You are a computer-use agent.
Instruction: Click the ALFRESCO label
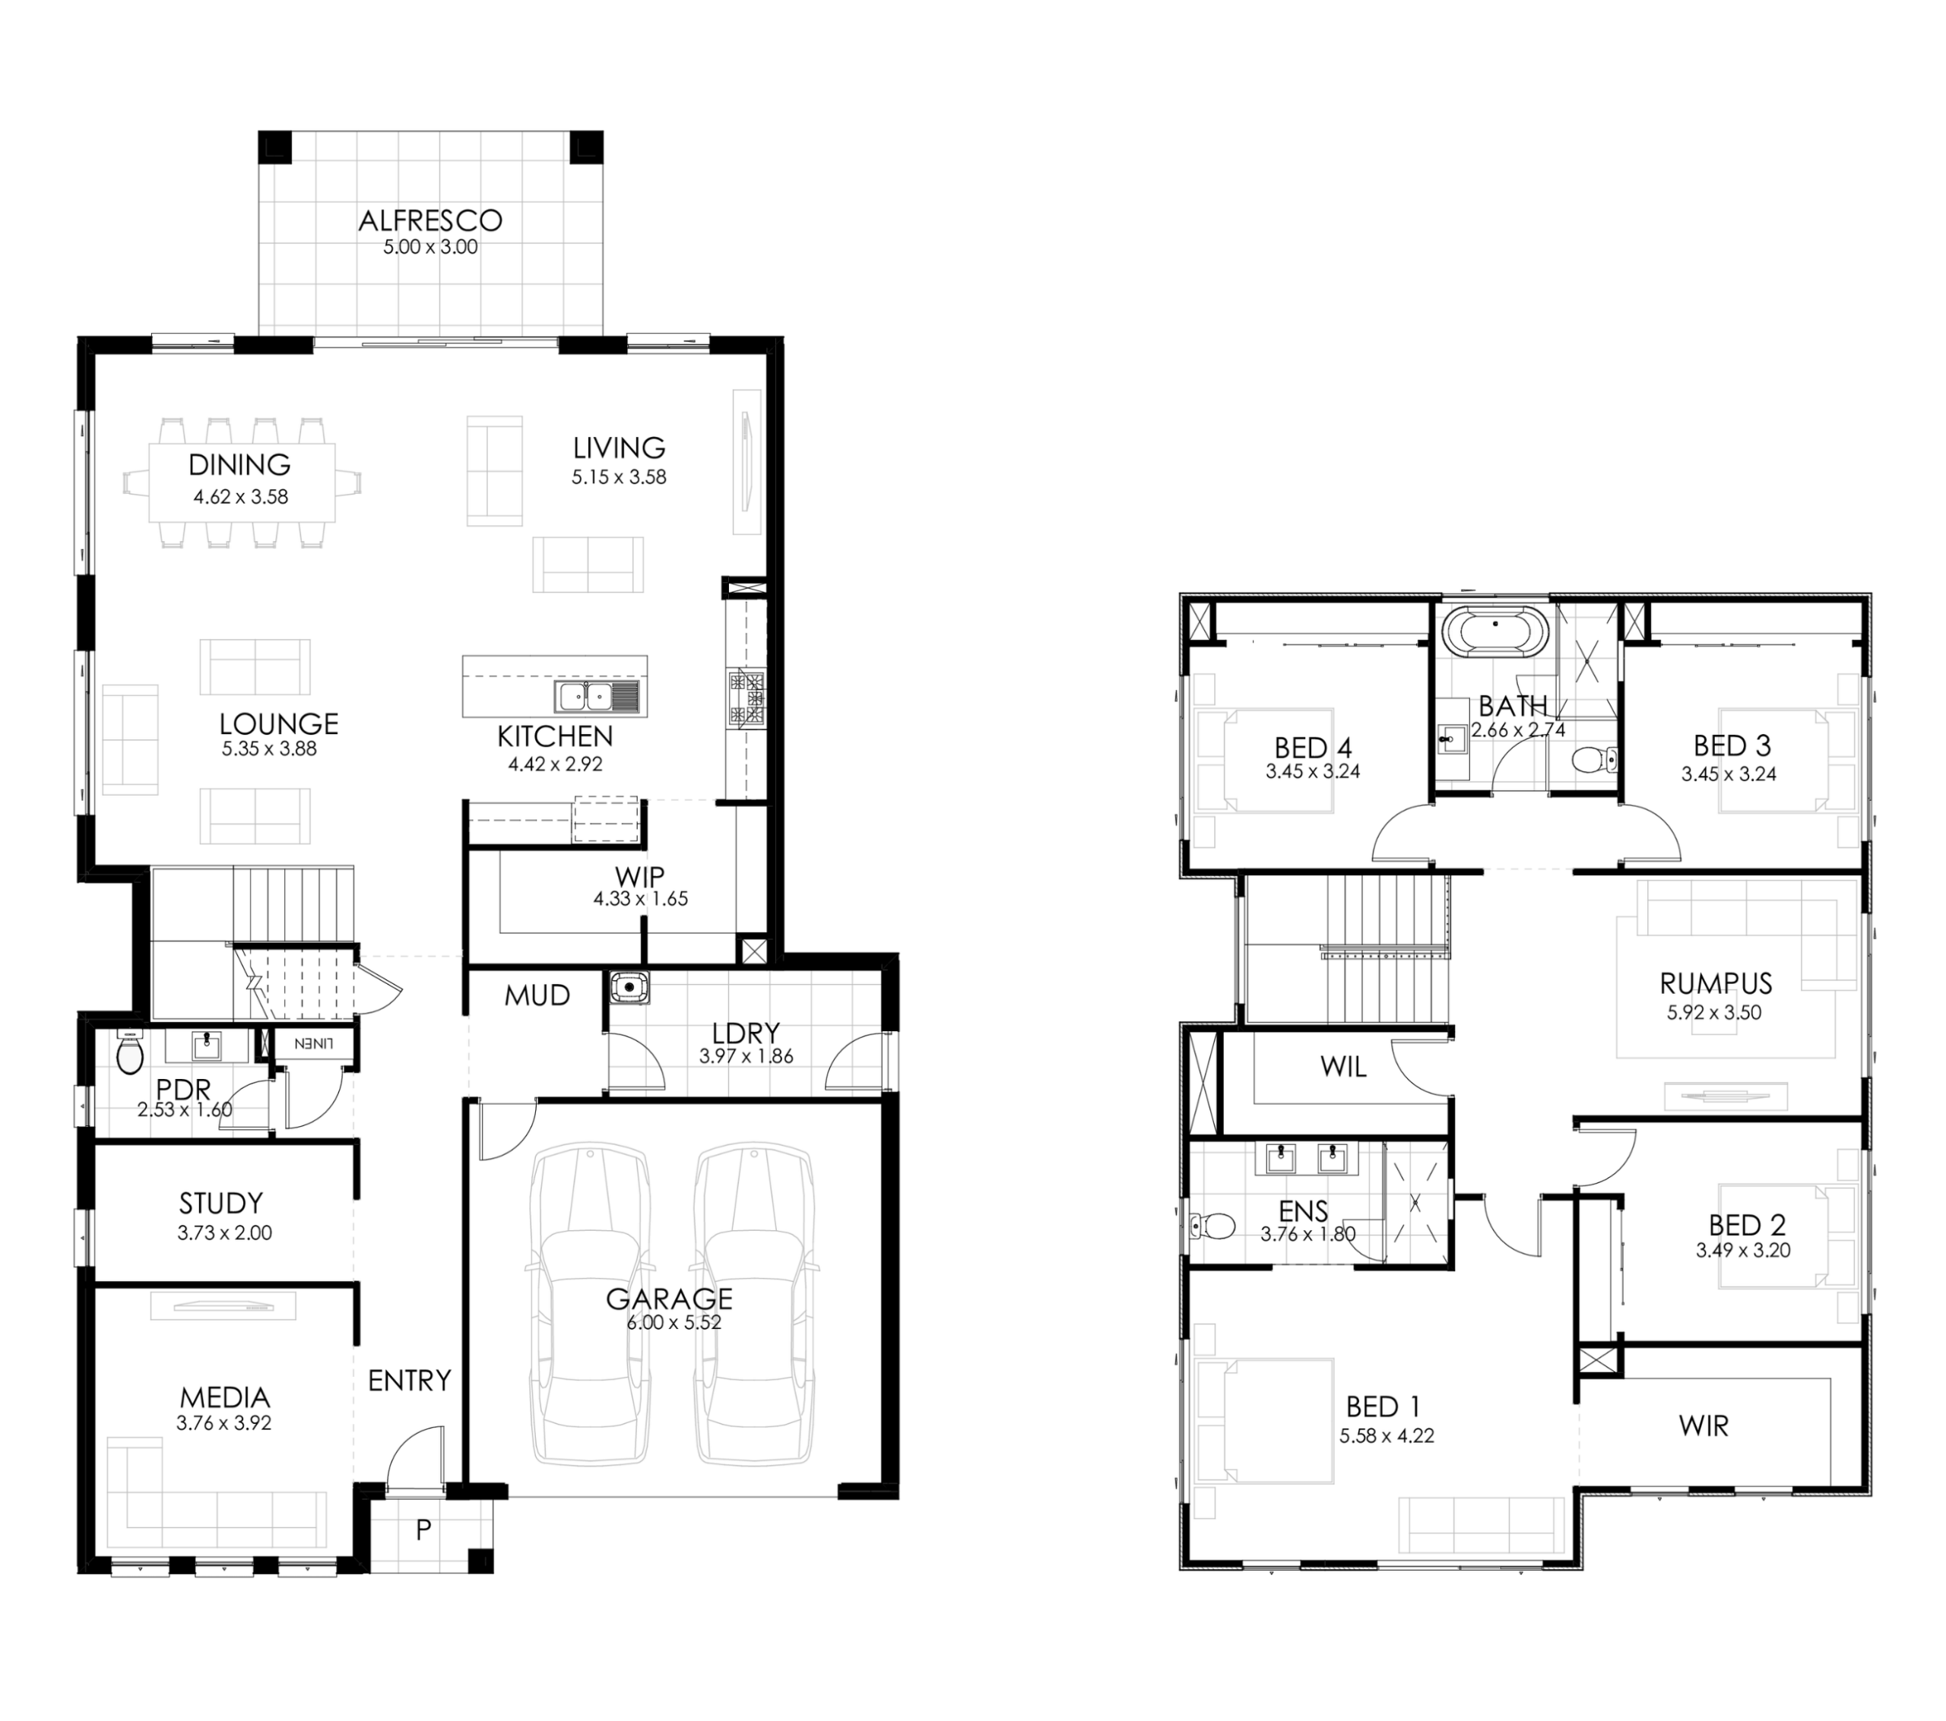pos(430,221)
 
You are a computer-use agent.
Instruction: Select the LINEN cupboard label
pos(313,1043)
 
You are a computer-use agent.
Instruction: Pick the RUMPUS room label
pos(1716,983)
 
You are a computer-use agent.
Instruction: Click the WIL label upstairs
pos(1343,1067)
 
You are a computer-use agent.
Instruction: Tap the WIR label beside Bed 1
pos(1704,1426)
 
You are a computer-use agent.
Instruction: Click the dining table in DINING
pos(242,482)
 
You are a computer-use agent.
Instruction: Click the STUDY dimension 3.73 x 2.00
pos(225,1232)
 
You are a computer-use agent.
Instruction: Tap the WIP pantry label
pos(640,877)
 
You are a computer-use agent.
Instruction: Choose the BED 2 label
pos(1747,1225)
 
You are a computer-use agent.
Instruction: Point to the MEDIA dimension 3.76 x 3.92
pos(223,1424)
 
